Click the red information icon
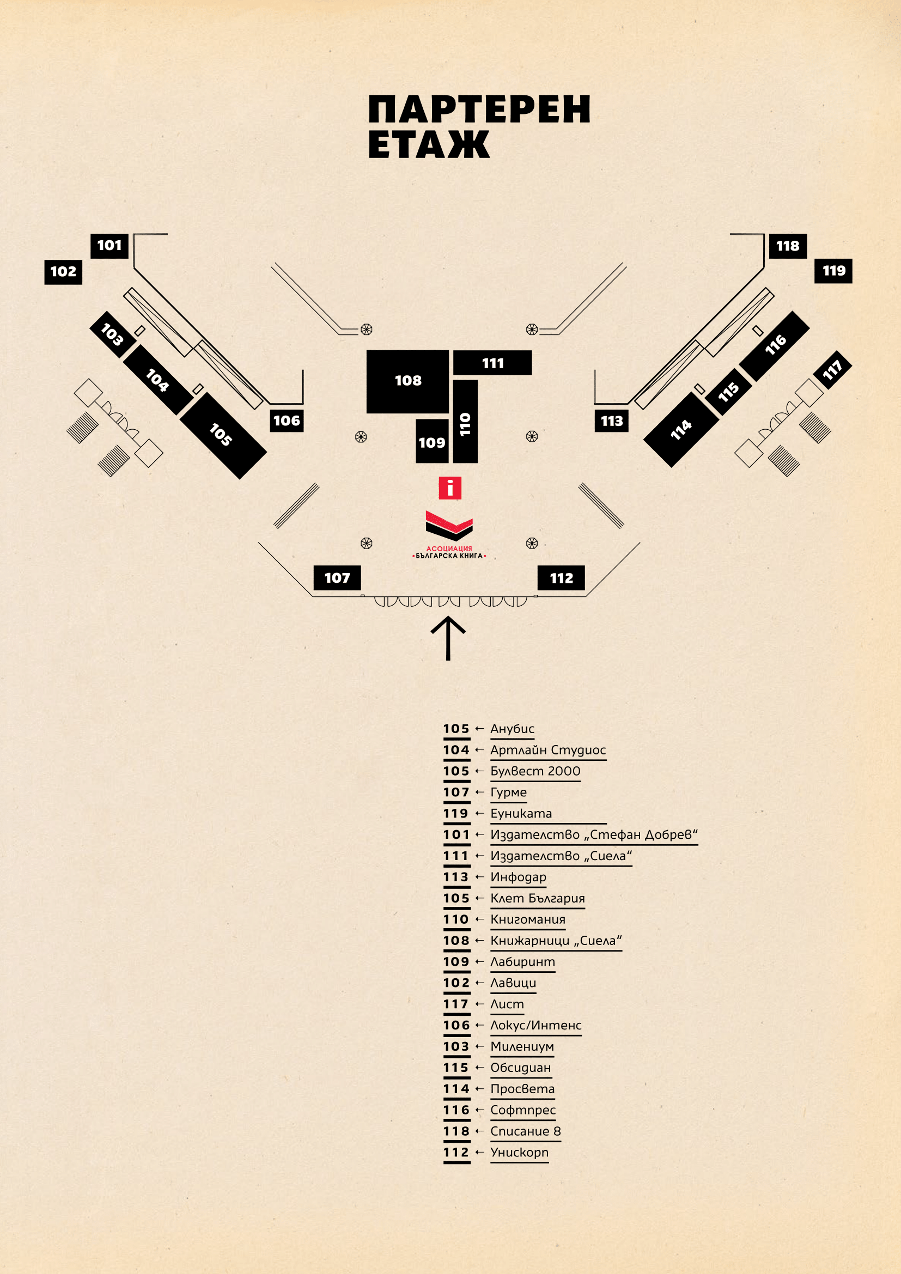(450, 488)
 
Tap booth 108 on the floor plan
(408, 381)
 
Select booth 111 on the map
(492, 363)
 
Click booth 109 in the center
(432, 442)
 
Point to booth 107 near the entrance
(337, 577)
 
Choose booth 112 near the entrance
(561, 577)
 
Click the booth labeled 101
(109, 246)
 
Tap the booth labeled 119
(833, 271)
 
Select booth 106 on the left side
(287, 420)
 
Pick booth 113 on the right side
(611, 420)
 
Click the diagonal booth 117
(832, 369)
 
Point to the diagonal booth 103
(112, 334)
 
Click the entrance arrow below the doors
(448, 638)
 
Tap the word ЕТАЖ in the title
(428, 145)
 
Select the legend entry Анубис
(512, 729)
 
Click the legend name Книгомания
(528, 919)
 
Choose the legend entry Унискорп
(519, 1152)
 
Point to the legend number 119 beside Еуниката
(456, 813)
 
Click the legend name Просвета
(522, 1089)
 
